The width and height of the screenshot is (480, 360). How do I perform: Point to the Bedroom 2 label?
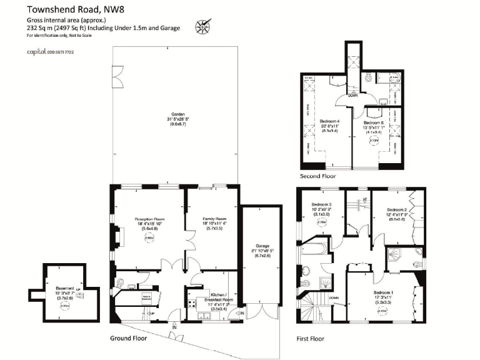click(397, 213)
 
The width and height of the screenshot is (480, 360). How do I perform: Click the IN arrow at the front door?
click(175, 326)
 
